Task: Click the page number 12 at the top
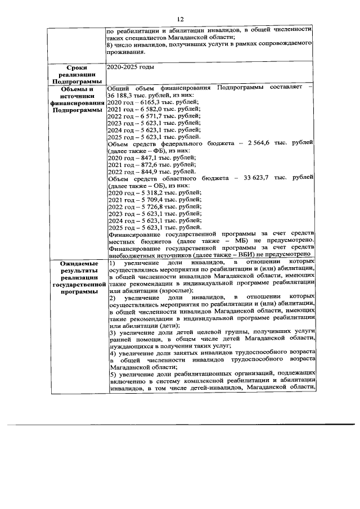(x=180, y=18)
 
